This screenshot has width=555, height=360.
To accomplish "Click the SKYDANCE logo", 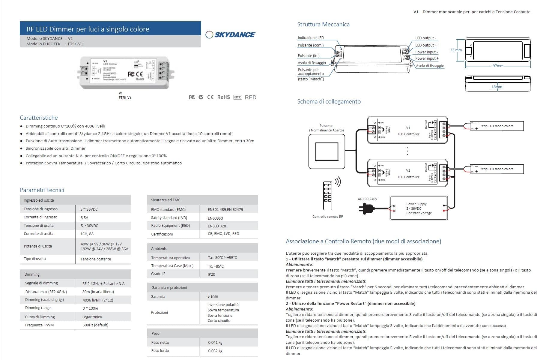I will click(230, 34).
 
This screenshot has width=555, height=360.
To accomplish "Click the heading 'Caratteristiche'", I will click(39, 118).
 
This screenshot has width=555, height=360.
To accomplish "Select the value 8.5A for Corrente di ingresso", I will click(84, 217).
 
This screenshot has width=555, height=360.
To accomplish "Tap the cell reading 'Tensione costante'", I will click(96, 259).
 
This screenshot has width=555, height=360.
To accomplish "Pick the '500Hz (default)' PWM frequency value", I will click(95, 325).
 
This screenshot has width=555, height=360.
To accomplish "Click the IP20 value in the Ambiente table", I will click(211, 274).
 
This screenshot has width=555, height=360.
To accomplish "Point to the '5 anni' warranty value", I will click(213, 296).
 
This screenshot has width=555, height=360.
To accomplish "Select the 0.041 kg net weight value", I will click(215, 342).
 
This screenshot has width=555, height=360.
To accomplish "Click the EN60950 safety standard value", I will click(215, 218).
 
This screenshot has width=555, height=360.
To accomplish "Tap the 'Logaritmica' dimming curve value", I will click(92, 317).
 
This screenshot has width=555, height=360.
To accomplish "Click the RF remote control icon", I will click(327, 195).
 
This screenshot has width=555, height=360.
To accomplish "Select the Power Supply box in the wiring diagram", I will click(419, 208).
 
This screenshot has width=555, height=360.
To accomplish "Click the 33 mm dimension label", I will click(456, 50).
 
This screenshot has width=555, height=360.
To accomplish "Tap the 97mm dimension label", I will click(498, 66).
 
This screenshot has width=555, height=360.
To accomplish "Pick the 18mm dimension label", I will click(497, 87).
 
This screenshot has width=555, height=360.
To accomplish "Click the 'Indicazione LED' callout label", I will click(311, 38).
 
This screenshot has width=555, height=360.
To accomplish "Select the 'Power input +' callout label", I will click(427, 58).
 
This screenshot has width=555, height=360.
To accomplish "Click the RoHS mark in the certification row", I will click(223, 97).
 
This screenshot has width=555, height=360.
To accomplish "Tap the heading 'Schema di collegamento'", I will click(329, 101).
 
